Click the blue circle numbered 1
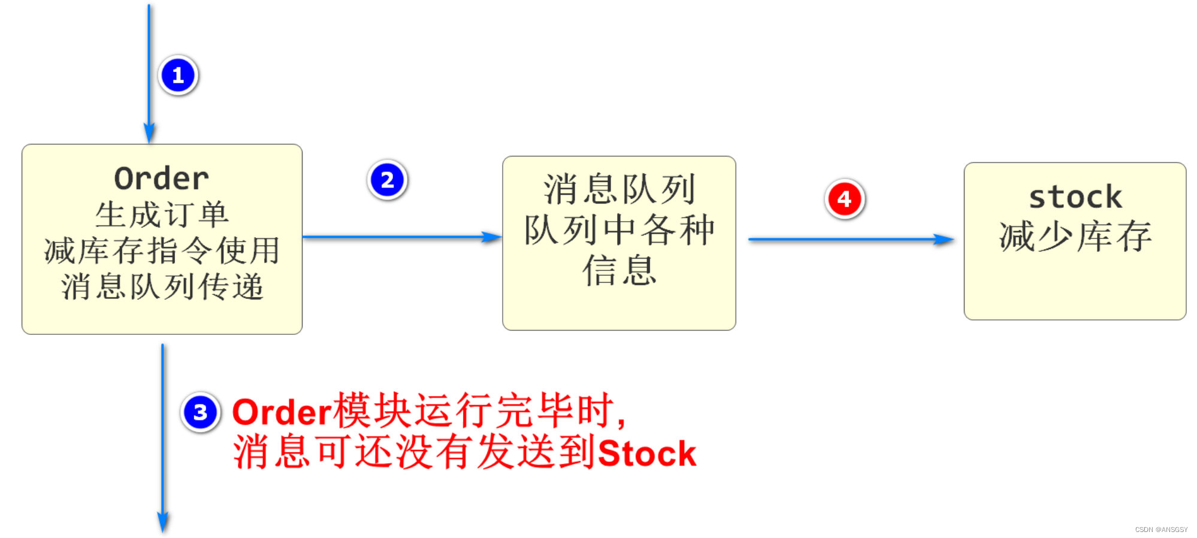[x=178, y=75]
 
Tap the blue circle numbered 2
[x=387, y=180]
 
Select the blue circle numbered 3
[x=200, y=412]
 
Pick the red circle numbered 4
[x=844, y=199]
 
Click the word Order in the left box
[x=162, y=179]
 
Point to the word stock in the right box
[x=1075, y=197]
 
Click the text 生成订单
[x=162, y=214]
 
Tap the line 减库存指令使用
[x=162, y=250]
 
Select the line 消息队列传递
[x=162, y=286]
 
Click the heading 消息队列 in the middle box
[x=619, y=189]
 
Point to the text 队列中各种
[x=619, y=230]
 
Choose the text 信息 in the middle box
[x=619, y=270]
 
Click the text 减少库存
[x=1075, y=236]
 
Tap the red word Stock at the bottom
[x=647, y=453]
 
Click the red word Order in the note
[x=282, y=412]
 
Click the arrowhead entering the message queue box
[x=492, y=237]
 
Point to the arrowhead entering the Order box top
[x=149, y=133]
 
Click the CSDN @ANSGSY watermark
[x=1160, y=530]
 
